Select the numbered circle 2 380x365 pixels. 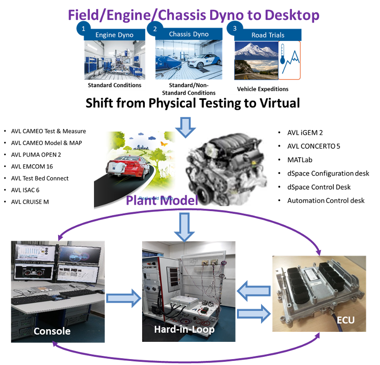coord(155,29)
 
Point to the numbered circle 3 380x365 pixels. coord(234,29)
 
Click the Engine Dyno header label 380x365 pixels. coord(114,35)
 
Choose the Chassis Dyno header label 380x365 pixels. coord(188,34)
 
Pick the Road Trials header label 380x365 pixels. coord(268,35)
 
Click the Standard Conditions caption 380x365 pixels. coord(114,85)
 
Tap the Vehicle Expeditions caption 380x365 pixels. coord(262,89)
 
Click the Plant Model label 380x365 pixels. coord(162,200)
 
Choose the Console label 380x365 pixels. coord(52,331)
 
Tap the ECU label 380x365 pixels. coord(345,321)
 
